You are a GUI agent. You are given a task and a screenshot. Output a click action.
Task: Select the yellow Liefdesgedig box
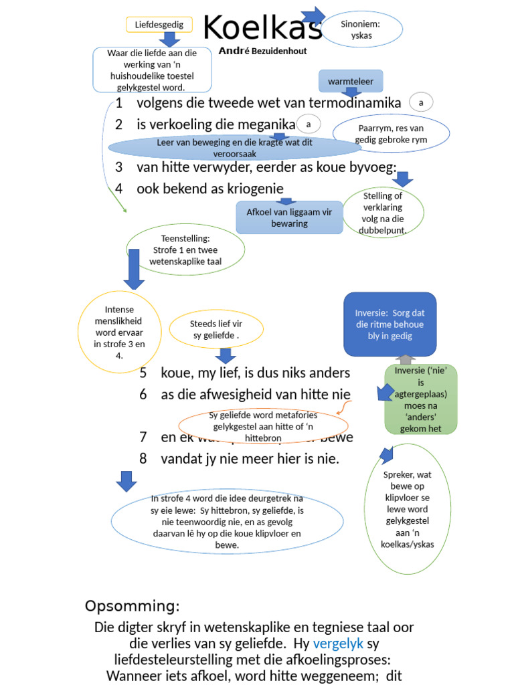[x=159, y=25]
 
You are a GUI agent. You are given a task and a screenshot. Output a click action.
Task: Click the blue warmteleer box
[x=351, y=82]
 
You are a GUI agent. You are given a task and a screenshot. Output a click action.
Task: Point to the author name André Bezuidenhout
[x=262, y=50]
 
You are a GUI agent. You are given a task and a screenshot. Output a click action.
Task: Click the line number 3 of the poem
[x=118, y=167]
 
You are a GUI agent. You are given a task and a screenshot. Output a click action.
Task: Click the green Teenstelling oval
[x=185, y=250]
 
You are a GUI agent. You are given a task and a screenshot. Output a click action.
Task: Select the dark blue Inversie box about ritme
[x=390, y=324]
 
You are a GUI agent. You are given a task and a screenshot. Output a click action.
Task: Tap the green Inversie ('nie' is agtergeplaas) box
[x=420, y=399]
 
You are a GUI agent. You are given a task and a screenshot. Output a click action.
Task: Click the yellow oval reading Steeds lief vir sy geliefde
[x=215, y=329]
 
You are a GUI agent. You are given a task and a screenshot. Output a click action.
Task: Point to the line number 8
[x=143, y=459]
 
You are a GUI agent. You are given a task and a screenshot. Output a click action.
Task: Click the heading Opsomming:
[x=133, y=606]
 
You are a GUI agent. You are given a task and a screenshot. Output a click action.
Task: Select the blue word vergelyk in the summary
[x=338, y=644]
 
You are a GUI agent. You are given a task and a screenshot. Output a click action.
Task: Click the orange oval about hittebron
[x=264, y=426]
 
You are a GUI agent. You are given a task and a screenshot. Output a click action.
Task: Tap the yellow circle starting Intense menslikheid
[x=120, y=334]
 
